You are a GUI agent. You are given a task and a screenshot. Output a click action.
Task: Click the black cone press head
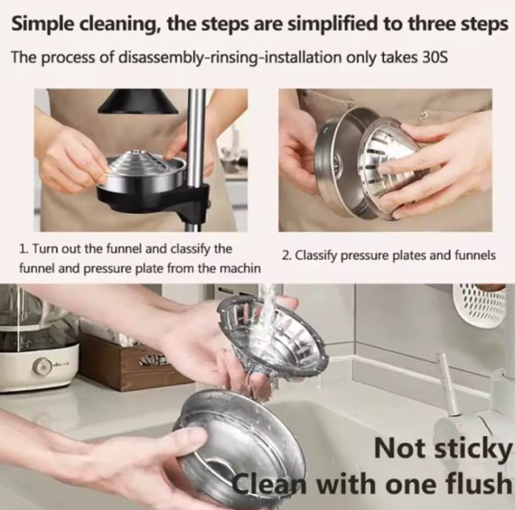(138, 101)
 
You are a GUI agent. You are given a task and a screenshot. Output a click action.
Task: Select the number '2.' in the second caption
(286, 256)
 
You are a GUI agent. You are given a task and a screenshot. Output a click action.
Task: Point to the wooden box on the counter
(132, 361)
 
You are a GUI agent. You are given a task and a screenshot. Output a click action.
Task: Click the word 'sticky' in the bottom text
(473, 449)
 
